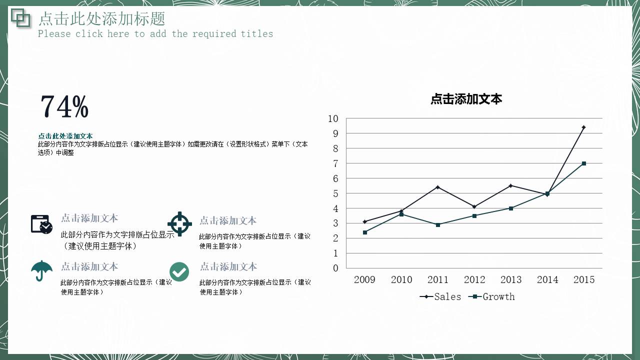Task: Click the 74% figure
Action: (64, 106)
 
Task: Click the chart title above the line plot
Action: (466, 99)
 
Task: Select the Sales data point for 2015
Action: (583, 127)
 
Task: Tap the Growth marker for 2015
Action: (583, 163)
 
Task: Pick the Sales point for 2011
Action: (438, 187)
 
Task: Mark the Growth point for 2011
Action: (438, 224)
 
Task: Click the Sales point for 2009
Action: (365, 221)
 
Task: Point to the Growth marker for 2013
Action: (511, 208)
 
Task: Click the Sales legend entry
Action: (440, 296)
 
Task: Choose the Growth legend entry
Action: (492, 296)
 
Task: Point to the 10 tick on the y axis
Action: (333, 118)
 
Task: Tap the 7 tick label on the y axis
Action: (335, 163)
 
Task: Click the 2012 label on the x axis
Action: (474, 279)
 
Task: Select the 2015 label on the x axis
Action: (584, 279)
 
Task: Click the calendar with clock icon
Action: (41, 224)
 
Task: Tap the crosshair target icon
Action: (179, 223)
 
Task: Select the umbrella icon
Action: (41, 270)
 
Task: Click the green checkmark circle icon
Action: (179, 271)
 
